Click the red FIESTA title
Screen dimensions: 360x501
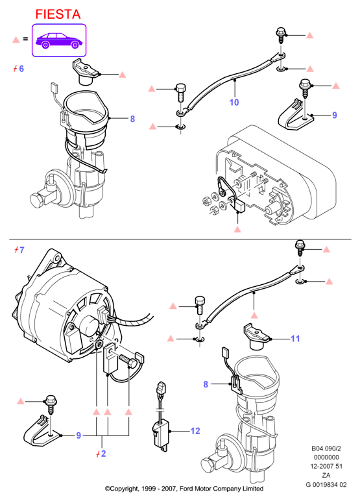[58, 14]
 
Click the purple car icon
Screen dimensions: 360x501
[59, 40]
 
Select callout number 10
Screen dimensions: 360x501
[234, 103]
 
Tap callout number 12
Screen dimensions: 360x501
[195, 431]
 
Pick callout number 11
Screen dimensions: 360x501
[296, 338]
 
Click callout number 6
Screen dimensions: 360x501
[21, 69]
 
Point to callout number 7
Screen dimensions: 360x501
[21, 250]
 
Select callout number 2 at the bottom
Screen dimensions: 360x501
[103, 454]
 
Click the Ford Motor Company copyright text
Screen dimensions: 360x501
[184, 489]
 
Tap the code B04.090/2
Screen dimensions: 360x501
[326, 448]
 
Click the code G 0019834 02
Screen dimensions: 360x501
[326, 485]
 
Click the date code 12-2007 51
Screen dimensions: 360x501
[326, 467]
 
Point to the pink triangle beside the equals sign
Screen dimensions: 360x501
[16, 40]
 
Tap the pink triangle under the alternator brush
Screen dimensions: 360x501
[237, 229]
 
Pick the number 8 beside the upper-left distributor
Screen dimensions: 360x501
[132, 119]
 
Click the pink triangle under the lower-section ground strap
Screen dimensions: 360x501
[254, 315]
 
